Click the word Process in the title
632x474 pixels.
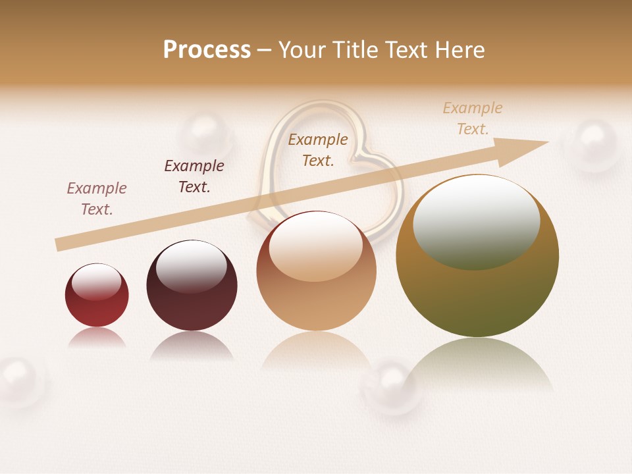pyautogui.click(x=207, y=50)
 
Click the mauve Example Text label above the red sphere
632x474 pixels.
pyautogui.click(x=97, y=198)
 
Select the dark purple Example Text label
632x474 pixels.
pyautogui.click(x=194, y=176)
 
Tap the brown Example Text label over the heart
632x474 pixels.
pyautogui.click(x=318, y=149)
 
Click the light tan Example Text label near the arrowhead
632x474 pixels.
pyautogui.click(x=473, y=118)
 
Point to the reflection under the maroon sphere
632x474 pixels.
pyautogui.click(x=192, y=347)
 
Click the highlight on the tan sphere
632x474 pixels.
pyautogui.click(x=315, y=244)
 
